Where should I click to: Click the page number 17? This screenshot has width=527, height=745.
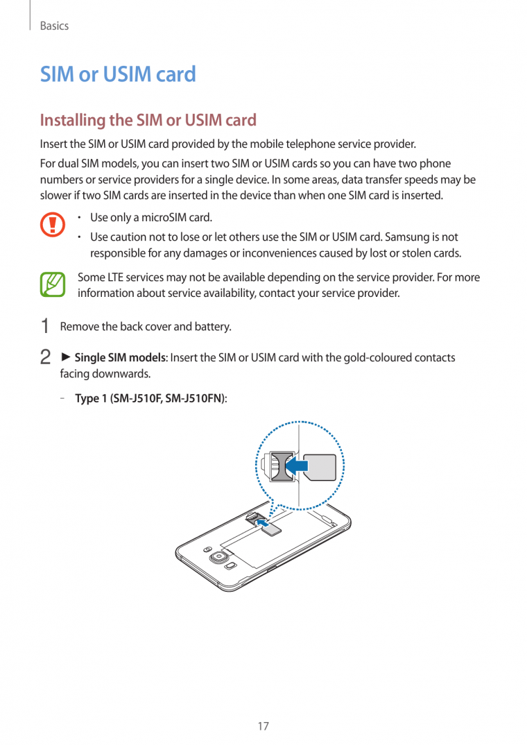tap(263, 726)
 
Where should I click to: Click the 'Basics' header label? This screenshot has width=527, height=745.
tap(54, 26)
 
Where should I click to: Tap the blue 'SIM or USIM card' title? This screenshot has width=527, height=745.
tap(118, 74)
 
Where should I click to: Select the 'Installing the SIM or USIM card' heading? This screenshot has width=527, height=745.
tap(148, 120)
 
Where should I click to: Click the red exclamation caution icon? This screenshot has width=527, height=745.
tap(52, 225)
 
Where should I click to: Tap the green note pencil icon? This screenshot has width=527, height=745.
tap(52, 285)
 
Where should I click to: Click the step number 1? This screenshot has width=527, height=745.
tap(45, 326)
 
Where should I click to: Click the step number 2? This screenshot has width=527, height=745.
tap(45, 358)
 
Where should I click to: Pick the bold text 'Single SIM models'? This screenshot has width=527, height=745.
tap(120, 358)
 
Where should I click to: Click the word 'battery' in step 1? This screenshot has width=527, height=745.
tap(214, 326)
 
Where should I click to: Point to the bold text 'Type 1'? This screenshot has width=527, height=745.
tap(91, 399)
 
